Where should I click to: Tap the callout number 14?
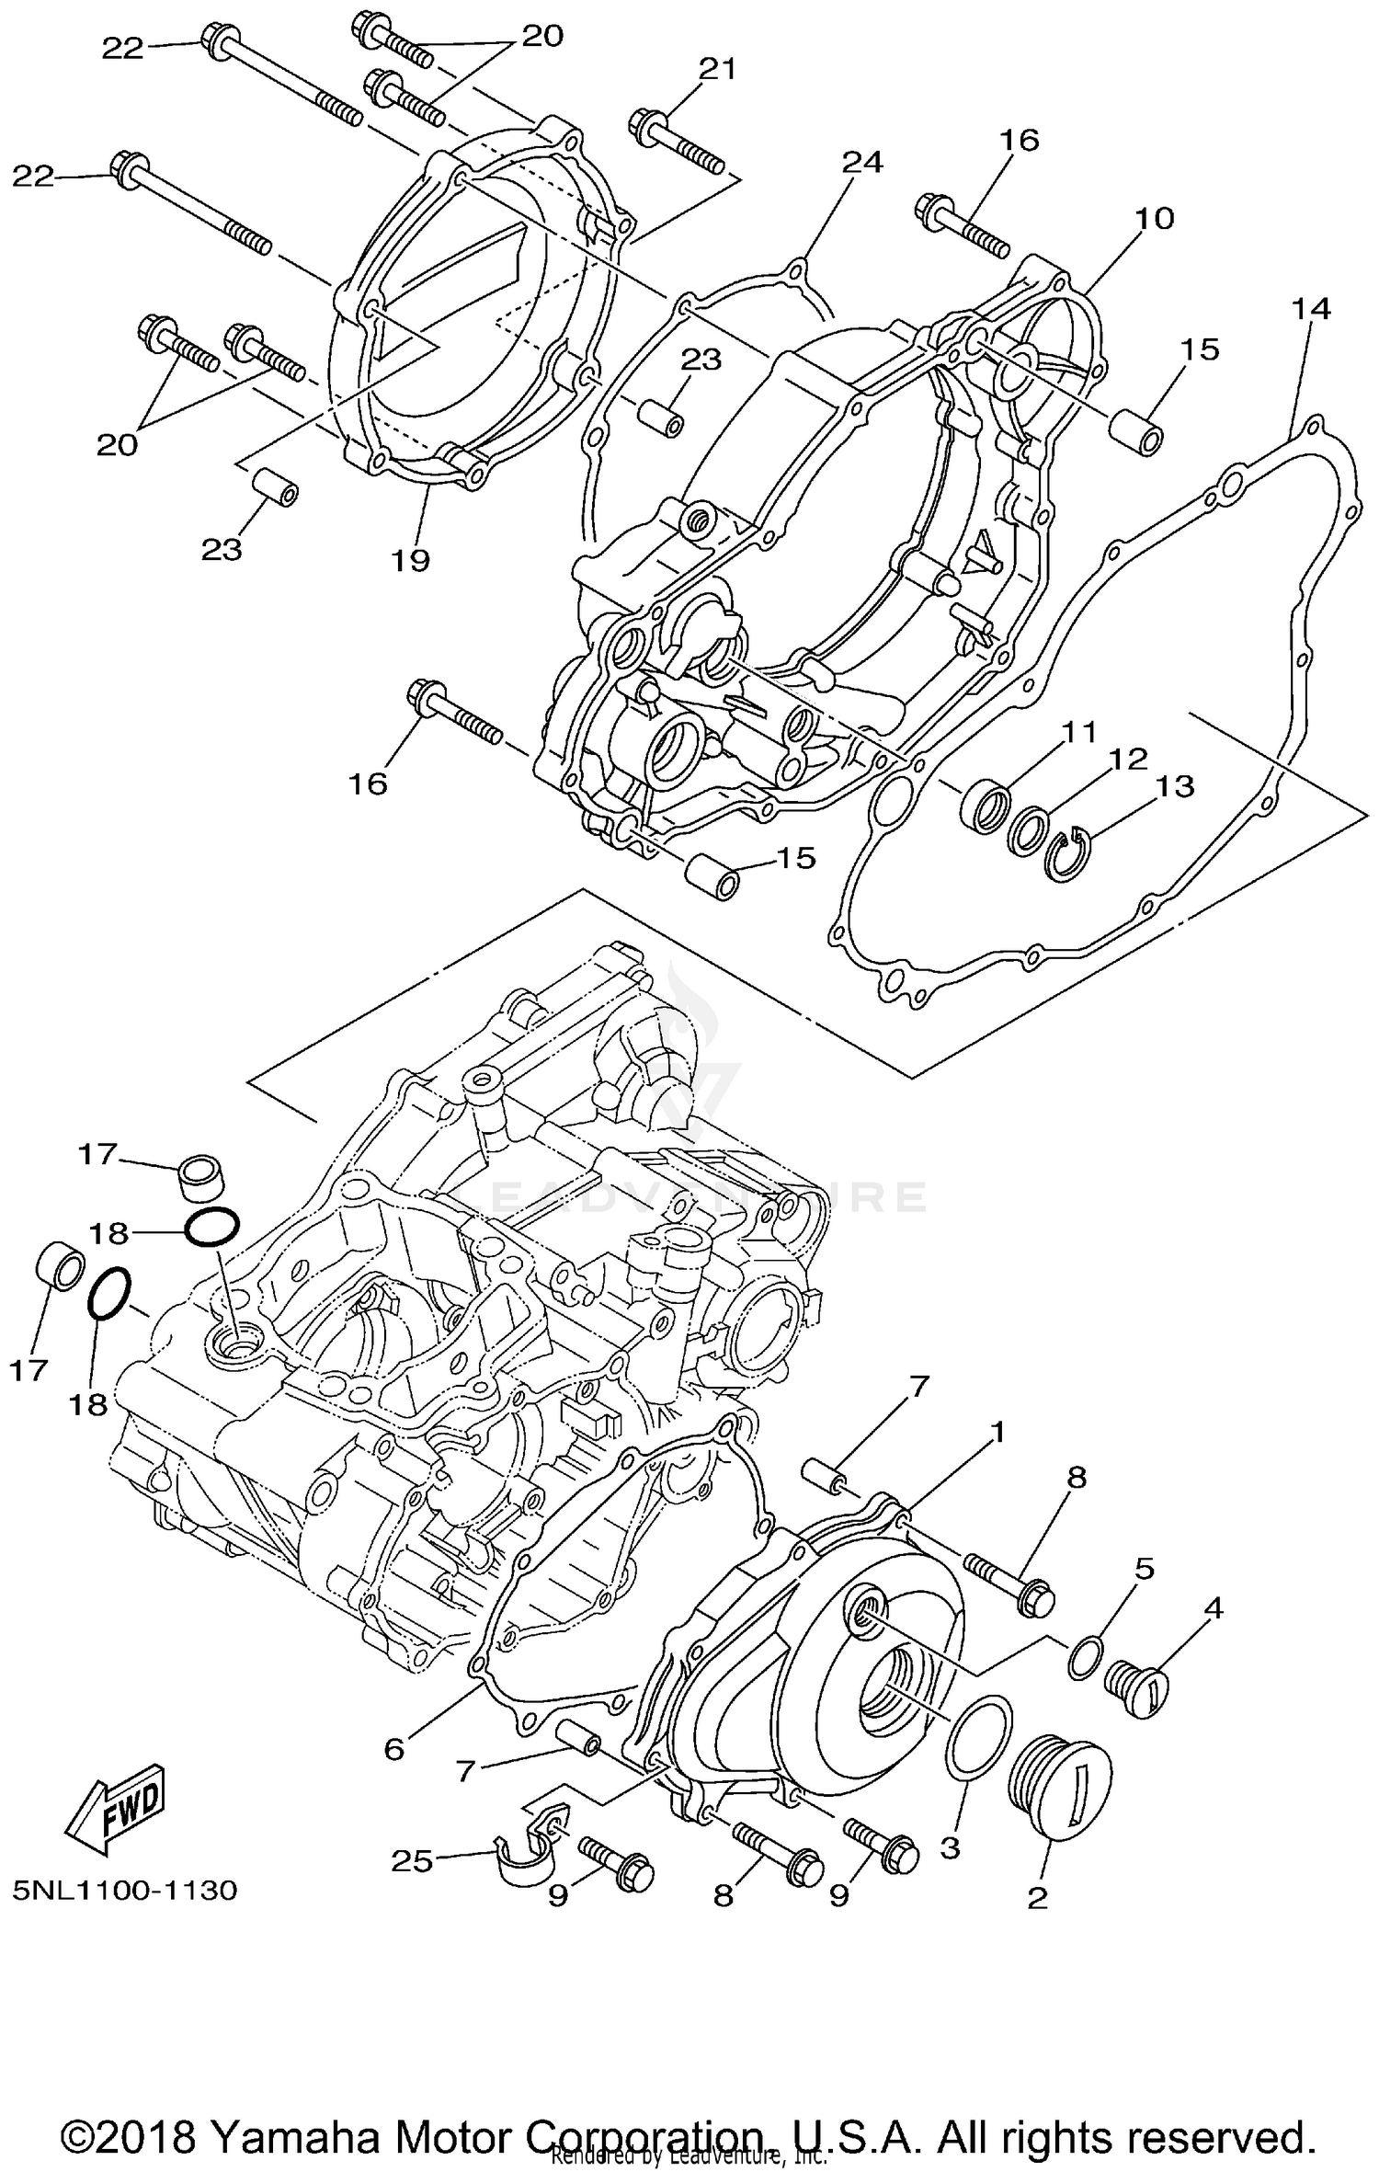coord(1311,308)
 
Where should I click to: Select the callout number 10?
coord(1155,219)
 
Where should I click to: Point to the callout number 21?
coord(718,69)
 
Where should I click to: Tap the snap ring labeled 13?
coord(1069,853)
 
